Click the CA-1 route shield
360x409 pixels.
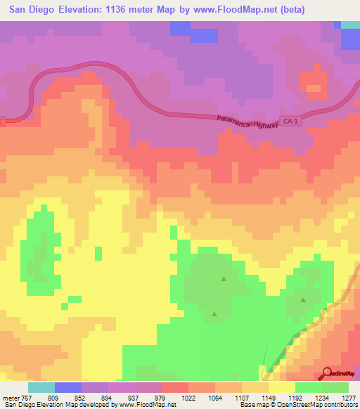click(290, 121)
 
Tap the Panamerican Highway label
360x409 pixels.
click(248, 122)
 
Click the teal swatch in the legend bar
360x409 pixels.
click(41, 387)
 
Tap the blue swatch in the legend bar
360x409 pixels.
click(68, 387)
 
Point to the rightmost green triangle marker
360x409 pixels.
click(303, 300)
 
